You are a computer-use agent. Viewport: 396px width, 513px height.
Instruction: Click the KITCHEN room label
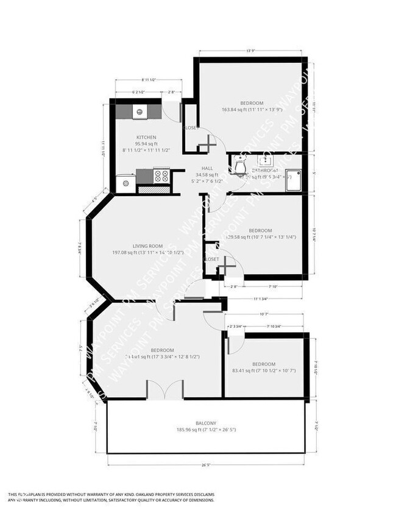point(146,137)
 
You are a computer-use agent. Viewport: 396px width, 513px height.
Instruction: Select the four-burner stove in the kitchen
point(161,177)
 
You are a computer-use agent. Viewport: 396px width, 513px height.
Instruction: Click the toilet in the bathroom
point(239,165)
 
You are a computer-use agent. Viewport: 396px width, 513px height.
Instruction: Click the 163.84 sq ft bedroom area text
point(252,110)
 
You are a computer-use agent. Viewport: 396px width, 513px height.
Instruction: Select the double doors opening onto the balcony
point(164,390)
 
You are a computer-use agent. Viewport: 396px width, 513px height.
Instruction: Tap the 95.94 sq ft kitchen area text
point(146,144)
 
